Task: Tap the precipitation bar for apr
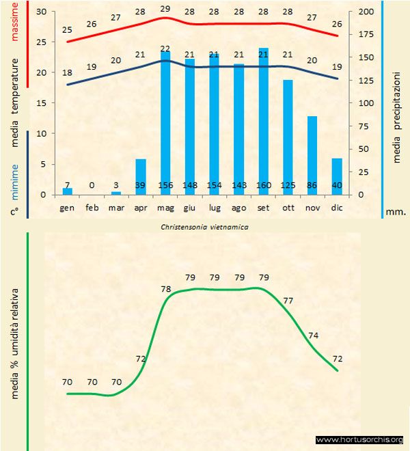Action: click(141, 177)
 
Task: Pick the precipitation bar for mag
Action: click(165, 123)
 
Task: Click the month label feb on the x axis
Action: click(92, 207)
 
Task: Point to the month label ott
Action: click(288, 207)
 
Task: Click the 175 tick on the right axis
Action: click(368, 34)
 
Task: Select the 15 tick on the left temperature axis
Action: click(42, 103)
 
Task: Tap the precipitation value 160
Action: click(263, 185)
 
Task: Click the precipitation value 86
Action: click(312, 185)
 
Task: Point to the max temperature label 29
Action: click(165, 8)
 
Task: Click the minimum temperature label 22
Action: click(165, 49)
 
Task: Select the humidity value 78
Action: click(165, 290)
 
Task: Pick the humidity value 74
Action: click(313, 335)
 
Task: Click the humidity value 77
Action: click(288, 301)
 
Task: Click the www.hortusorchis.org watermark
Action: click(359, 439)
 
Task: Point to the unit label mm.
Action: click(396, 212)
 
